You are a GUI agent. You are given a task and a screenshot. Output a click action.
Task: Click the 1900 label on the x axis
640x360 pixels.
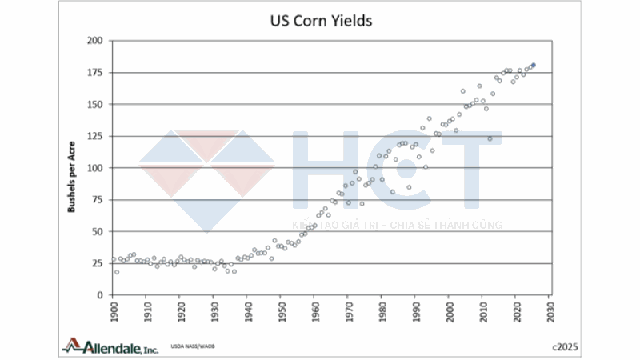pos(113,306)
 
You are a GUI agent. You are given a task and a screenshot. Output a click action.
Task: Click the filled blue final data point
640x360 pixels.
pos(534,65)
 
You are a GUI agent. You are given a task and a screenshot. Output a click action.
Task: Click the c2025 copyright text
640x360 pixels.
pos(564,346)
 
